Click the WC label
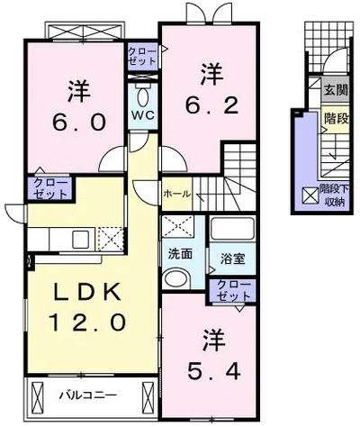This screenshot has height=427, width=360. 143,114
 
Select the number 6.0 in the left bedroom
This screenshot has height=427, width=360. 79,123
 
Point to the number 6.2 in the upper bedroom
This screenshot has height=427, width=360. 211,105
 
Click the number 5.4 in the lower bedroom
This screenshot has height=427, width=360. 214,371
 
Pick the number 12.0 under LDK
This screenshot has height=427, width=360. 87,322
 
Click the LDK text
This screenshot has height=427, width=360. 87,292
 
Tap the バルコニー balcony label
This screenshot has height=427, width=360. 87,395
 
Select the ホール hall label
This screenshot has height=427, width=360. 176,194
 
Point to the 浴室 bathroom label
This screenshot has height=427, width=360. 233,259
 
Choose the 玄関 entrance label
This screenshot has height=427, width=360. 336,90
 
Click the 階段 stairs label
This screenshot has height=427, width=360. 337,119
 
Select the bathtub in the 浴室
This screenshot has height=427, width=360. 233,230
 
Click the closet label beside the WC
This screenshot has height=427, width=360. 142,57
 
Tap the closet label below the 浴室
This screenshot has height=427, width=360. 233,291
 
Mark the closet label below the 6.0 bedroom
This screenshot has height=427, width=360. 49,189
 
